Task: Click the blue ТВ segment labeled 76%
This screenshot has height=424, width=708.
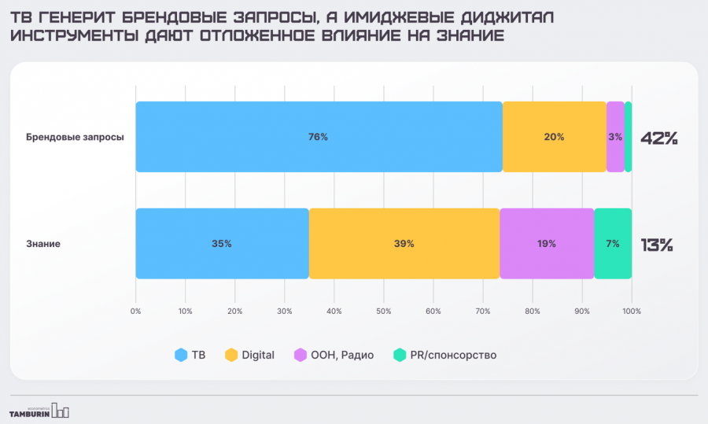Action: click(319, 137)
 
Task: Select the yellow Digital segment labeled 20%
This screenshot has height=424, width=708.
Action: click(554, 137)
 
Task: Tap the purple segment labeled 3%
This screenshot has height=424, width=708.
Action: click(615, 137)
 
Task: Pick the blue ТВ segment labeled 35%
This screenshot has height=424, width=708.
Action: click(222, 244)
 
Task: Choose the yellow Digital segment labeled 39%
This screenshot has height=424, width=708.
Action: click(404, 244)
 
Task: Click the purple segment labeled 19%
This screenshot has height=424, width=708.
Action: click(547, 244)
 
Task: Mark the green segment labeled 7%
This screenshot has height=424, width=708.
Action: click(612, 244)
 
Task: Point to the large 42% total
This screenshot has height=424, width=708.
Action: click(658, 138)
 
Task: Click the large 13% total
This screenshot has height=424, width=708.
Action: click(657, 245)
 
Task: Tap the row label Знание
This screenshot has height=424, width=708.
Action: click(44, 244)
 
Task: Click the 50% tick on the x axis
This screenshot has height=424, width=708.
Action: click(383, 312)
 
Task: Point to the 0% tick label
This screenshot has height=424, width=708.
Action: click(136, 312)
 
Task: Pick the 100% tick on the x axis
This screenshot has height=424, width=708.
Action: click(631, 312)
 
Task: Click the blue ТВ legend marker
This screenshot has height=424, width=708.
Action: click(180, 355)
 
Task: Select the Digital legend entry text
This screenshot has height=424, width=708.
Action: click(259, 355)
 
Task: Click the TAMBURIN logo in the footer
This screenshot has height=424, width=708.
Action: click(39, 411)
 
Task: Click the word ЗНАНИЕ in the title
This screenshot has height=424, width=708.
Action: click(467, 37)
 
